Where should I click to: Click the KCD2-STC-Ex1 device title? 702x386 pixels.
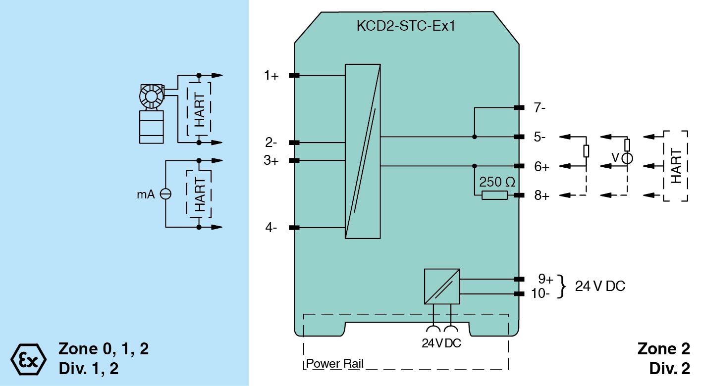(406, 26)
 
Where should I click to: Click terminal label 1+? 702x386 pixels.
(271, 76)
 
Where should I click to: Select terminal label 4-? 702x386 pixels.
(271, 228)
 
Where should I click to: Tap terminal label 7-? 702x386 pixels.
(540, 108)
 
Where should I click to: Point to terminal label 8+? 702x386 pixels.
(541, 196)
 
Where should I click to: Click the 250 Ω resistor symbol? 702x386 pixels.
(494, 195)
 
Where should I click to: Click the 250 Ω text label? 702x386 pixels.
(497, 182)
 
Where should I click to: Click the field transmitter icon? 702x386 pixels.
(152, 113)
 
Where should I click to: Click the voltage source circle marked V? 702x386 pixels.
(627, 158)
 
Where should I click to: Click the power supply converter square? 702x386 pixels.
(442, 286)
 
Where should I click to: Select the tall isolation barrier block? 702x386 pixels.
(363, 151)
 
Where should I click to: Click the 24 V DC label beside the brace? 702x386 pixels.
(599, 286)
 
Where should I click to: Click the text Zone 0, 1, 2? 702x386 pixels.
(104, 349)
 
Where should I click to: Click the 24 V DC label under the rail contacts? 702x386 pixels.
(441, 343)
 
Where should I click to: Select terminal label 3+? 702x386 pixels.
(271, 160)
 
